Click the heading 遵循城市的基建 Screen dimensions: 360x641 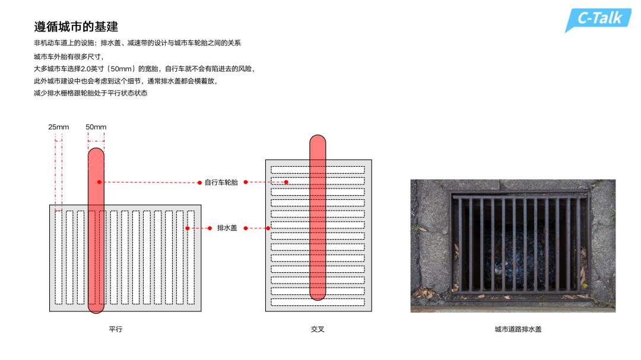pos(76,27)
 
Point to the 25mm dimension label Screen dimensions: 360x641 pos(59,127)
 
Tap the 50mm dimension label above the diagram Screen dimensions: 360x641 pos(96,127)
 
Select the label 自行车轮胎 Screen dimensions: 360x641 pos(221,182)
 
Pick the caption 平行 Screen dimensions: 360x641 pos(116,329)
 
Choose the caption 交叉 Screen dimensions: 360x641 pos(318,329)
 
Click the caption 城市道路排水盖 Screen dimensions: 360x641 pos(518,329)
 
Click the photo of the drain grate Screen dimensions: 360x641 pos(513,246)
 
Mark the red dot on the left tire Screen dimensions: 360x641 pos(99,182)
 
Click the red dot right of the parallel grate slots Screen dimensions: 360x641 pos(187,228)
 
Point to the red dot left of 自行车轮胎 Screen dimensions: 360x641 pos(200,182)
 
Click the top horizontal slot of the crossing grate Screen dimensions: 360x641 pos(318,170)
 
